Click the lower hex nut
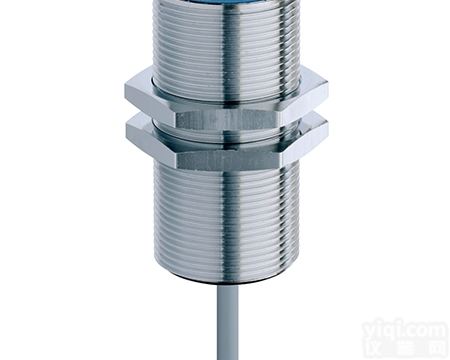click(226, 146)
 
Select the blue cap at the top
click(228, 6)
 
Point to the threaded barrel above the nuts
click(227, 45)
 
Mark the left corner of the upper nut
click(128, 94)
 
